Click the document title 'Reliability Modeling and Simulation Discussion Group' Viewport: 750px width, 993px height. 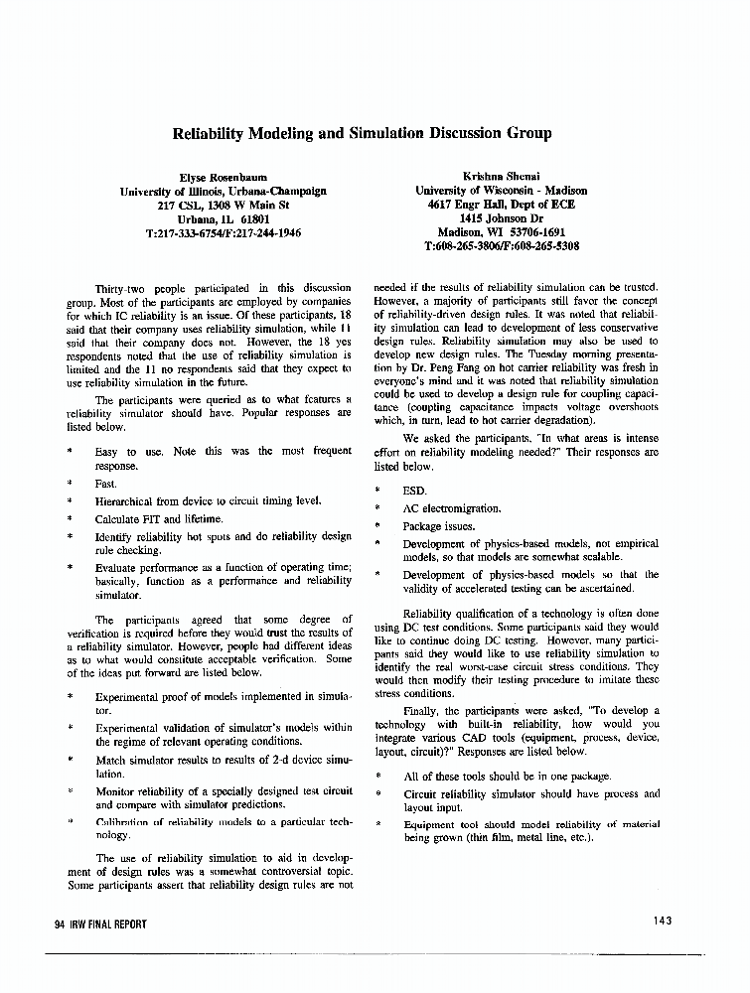[x=363, y=132]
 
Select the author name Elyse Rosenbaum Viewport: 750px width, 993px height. [x=224, y=176]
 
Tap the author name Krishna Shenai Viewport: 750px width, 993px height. [x=502, y=176]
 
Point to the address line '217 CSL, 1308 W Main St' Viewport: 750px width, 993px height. [x=224, y=205]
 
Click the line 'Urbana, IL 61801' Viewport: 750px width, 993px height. [x=224, y=218]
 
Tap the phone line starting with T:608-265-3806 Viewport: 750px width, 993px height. [x=502, y=245]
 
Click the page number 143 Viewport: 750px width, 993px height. [x=663, y=921]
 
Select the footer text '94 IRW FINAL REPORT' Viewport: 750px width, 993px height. [x=100, y=923]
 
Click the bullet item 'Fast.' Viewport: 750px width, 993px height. [x=105, y=484]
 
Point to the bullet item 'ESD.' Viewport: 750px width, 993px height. [x=414, y=491]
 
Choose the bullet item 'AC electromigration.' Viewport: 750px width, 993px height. [x=452, y=508]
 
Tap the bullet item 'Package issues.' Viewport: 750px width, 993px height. [x=439, y=526]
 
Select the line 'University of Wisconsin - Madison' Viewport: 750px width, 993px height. [x=502, y=190]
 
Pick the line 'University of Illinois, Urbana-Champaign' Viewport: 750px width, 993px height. [x=224, y=190]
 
